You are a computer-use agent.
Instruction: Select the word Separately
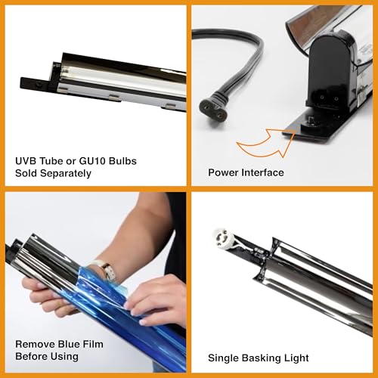point(67,174)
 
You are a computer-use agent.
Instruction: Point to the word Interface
point(262,173)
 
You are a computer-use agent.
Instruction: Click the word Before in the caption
point(31,357)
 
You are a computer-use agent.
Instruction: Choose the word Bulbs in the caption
point(122,161)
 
